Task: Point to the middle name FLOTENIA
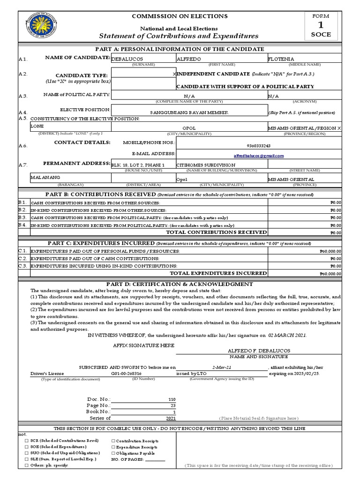(x=281, y=59)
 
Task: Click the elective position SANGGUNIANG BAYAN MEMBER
(x=189, y=113)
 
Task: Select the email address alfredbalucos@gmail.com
(x=259, y=156)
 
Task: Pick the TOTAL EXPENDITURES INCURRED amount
(x=330, y=274)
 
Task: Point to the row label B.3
(x=22, y=218)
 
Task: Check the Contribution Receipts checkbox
(x=113, y=441)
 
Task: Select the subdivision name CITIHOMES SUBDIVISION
(x=206, y=165)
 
